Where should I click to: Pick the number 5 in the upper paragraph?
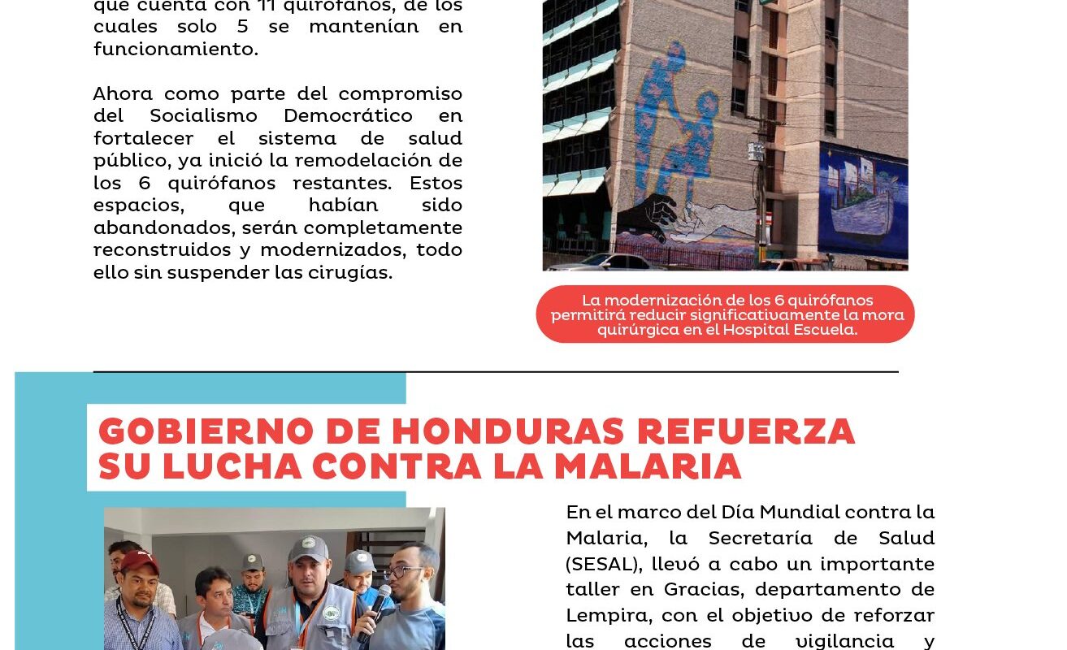tap(242, 26)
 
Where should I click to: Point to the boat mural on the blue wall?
tap(863, 203)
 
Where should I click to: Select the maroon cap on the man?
tap(139, 561)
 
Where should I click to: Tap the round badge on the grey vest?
tap(331, 612)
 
